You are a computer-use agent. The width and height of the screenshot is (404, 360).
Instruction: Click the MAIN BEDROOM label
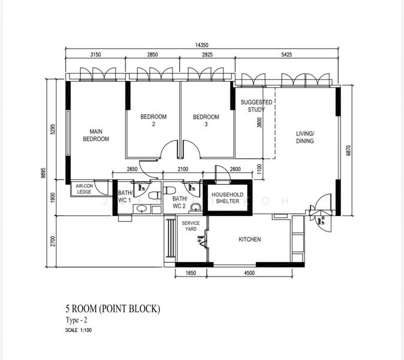96,135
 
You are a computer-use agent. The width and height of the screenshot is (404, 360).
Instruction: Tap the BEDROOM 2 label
153,120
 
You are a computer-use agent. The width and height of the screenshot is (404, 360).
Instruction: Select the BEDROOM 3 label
206,120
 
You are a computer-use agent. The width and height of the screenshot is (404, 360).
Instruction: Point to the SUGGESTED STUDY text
256,106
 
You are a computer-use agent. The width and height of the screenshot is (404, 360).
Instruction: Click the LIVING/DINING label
305,137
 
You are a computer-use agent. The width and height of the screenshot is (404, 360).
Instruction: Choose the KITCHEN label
250,239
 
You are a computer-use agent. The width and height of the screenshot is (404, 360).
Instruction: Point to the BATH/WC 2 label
180,202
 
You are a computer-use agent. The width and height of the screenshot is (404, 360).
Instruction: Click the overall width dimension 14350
202,46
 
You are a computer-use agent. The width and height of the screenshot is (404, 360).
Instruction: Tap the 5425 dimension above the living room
288,55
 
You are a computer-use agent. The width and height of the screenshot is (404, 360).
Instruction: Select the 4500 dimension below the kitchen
249,273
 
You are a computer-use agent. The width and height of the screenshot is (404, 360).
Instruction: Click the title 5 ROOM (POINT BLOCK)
113,310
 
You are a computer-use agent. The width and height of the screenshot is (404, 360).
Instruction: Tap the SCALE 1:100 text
79,329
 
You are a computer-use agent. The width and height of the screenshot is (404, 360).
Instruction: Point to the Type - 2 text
76,321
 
